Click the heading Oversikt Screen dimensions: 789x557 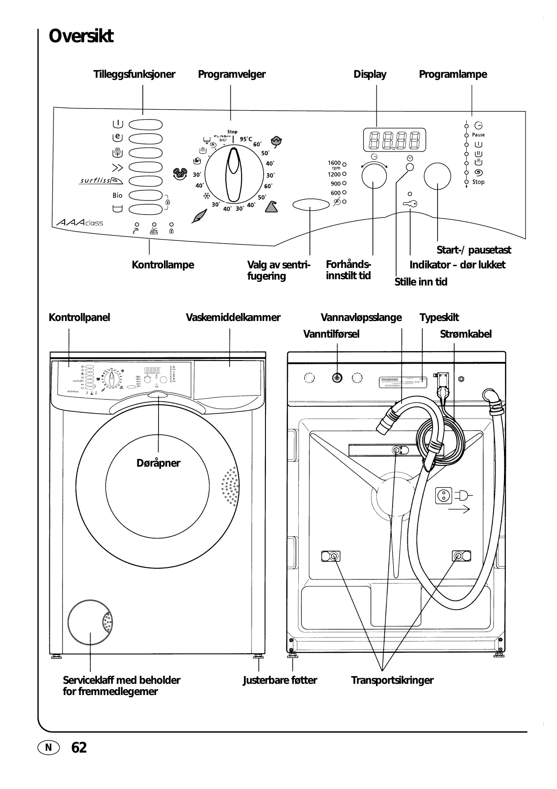coord(81,36)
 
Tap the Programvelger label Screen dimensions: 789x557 coord(232,74)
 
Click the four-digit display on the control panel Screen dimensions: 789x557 coord(394,140)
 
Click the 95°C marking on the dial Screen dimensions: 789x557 coord(246,139)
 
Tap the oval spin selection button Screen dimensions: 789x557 coord(311,205)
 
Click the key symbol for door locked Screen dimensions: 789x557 coord(410,204)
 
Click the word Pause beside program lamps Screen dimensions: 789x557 coord(478,135)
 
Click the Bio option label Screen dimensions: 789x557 coord(117,196)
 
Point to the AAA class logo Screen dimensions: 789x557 coord(80,223)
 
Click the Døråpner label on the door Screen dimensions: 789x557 coord(158,463)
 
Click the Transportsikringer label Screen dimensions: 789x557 coord(392,680)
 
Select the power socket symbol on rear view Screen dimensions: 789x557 coord(444,496)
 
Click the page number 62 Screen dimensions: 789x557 coord(79,748)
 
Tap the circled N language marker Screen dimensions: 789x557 coord(49,748)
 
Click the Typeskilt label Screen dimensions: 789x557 coord(439,317)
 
